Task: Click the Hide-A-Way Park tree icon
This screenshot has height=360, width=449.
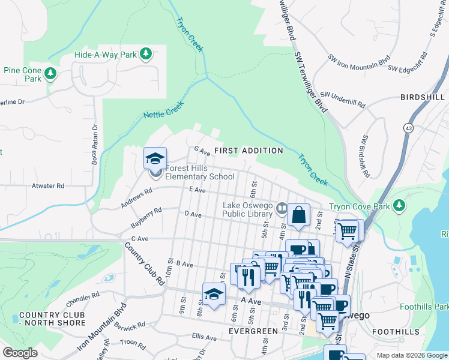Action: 145,55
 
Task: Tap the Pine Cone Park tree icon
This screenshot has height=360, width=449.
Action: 51,74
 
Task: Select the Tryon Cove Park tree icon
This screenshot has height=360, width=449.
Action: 399,207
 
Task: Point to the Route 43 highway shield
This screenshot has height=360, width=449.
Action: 408,128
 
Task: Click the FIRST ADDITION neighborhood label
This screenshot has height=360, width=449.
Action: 249,151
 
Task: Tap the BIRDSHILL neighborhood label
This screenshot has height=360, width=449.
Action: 422,97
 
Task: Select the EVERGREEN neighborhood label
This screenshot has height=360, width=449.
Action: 252,331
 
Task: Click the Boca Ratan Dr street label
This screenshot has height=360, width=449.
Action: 95,144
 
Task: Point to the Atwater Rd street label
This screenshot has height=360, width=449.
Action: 48,186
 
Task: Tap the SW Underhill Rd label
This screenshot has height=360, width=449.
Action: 343,99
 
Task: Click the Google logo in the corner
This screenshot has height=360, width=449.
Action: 20,353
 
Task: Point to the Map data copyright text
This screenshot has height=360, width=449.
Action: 411,355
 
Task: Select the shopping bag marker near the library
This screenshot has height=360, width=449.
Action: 298,215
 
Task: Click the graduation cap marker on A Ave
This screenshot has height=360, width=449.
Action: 213,295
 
